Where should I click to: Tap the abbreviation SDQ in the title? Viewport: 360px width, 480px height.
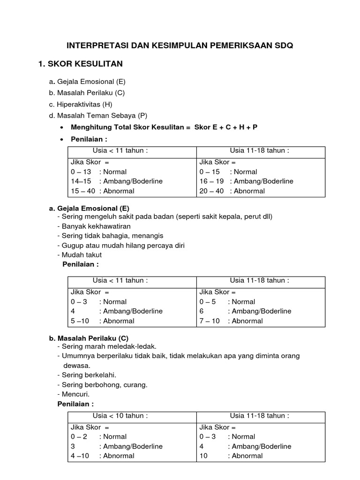pos(283,45)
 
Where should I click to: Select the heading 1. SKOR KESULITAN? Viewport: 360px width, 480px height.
pos(80,64)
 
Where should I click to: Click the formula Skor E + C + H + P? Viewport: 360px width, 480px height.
pos(225,127)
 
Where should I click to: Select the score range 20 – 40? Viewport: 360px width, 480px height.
pos(210,191)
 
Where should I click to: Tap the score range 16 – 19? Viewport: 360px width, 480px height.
pos(211,181)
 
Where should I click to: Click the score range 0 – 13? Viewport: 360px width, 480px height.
pos(81,172)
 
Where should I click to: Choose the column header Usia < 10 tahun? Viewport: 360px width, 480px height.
pos(120,416)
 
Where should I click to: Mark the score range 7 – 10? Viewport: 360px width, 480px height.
pos(210,321)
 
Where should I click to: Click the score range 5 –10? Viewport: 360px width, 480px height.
pos(79,321)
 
